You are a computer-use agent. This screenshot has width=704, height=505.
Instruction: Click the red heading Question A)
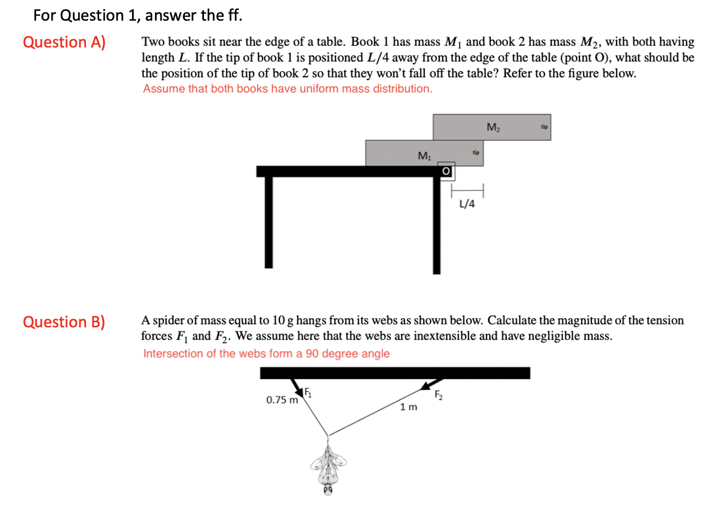[x=64, y=42]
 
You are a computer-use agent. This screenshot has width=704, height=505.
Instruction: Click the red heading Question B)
[x=64, y=322]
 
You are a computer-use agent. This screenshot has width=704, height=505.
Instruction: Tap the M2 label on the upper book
[x=493, y=127]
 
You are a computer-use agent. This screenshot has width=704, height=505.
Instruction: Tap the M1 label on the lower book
[x=424, y=155]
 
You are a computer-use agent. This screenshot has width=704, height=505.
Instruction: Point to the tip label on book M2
[x=544, y=127]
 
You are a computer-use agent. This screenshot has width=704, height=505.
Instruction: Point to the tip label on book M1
[x=475, y=152]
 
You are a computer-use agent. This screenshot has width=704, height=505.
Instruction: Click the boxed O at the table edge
[x=446, y=171]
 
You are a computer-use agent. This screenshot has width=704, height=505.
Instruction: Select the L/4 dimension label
[x=467, y=204]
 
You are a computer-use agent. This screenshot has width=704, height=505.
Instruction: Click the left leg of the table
[x=268, y=222]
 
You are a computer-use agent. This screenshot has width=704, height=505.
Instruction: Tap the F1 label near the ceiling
[x=308, y=392]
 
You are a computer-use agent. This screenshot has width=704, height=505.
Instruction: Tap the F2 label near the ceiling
[x=438, y=396]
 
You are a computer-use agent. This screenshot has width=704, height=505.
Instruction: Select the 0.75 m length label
[x=282, y=400]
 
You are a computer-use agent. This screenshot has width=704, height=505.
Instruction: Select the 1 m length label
[x=408, y=407]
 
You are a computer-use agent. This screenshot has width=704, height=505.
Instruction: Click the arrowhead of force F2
[x=426, y=385]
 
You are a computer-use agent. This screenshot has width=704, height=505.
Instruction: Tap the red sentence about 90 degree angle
[x=266, y=354]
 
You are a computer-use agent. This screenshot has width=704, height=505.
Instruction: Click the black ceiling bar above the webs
[x=395, y=373]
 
